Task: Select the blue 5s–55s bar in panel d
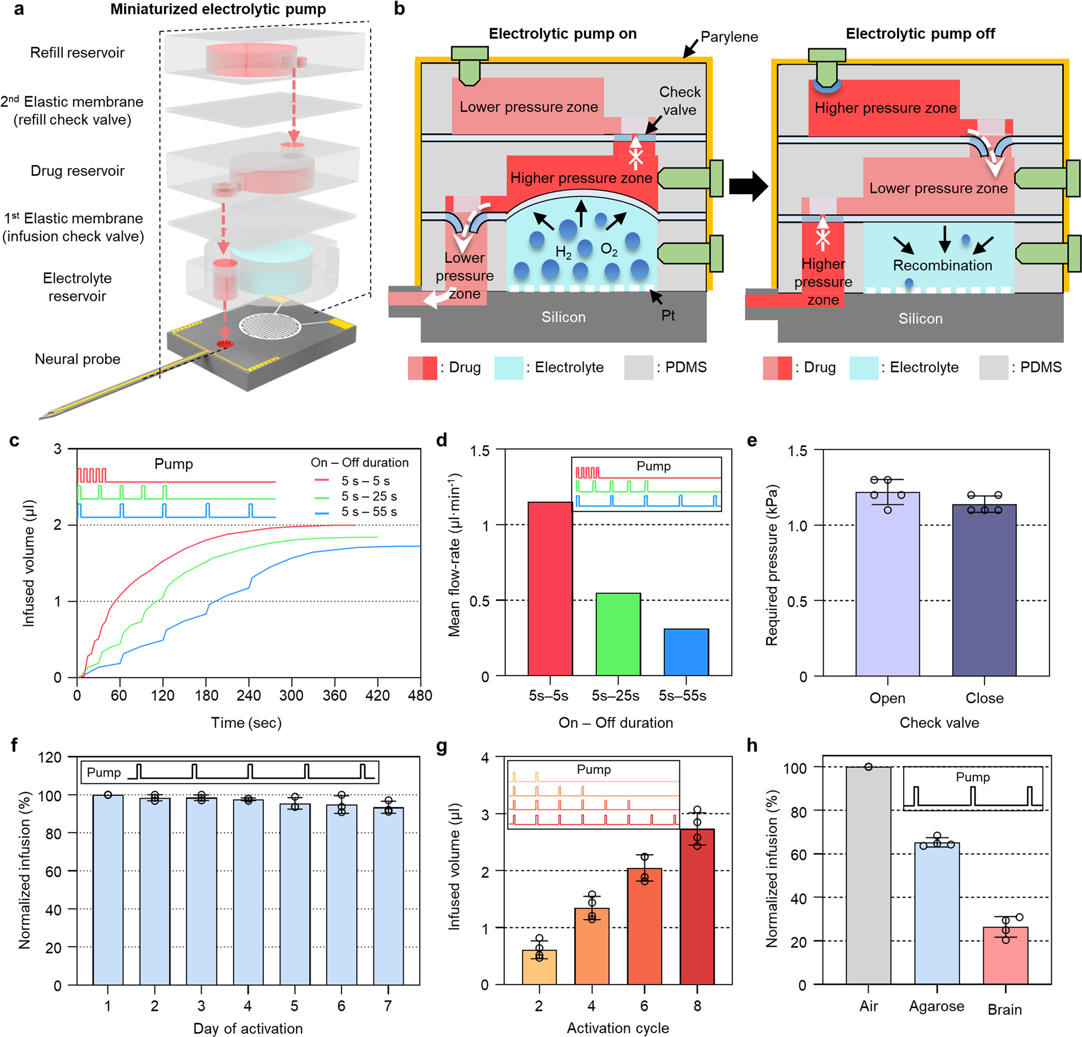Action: (686, 652)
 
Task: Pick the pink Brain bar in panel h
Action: (1005, 956)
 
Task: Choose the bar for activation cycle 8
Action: (697, 906)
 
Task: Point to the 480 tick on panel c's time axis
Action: (420, 695)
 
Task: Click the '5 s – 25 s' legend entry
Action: (369, 496)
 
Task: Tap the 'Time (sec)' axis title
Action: (246, 723)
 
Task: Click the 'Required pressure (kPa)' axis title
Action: (771, 564)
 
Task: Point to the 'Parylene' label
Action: (729, 37)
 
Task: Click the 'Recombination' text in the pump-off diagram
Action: (943, 265)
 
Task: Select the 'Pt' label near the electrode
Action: (668, 315)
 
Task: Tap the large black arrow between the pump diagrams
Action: (748, 187)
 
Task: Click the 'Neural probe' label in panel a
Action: (77, 359)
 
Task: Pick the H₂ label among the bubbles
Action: (563, 253)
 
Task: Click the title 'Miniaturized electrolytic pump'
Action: (218, 9)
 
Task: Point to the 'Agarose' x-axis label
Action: (937, 1006)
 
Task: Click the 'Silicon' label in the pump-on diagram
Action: (563, 317)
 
